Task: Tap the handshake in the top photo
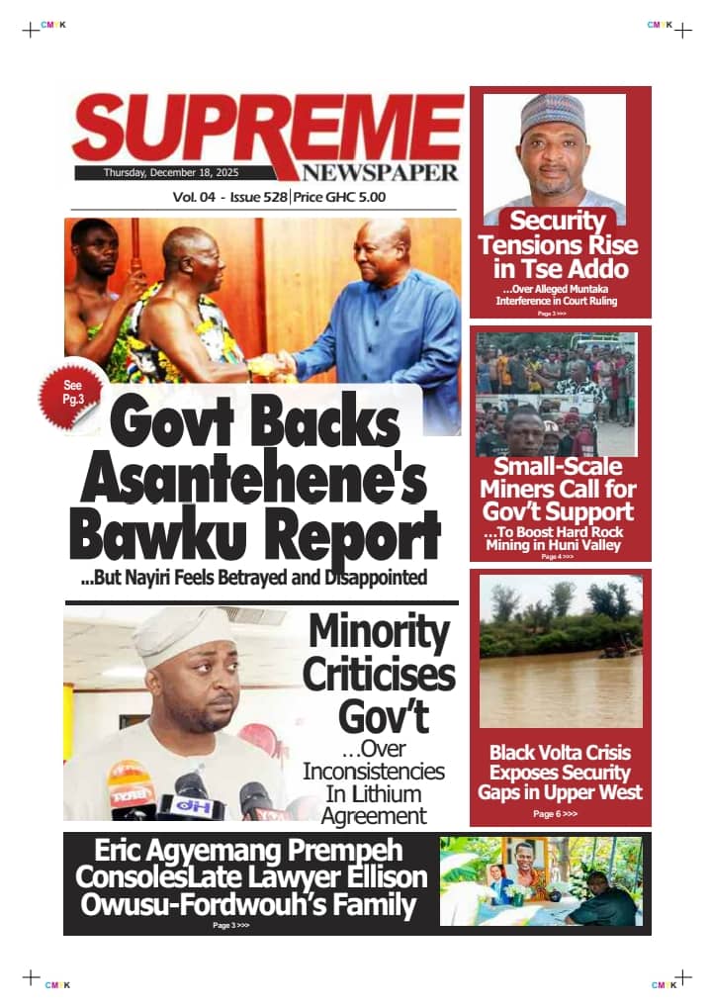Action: (x=276, y=364)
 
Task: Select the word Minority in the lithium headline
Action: (x=379, y=633)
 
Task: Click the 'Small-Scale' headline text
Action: (x=559, y=465)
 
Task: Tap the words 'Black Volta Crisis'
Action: (x=560, y=753)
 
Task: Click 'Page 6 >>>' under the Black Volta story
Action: (x=556, y=814)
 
